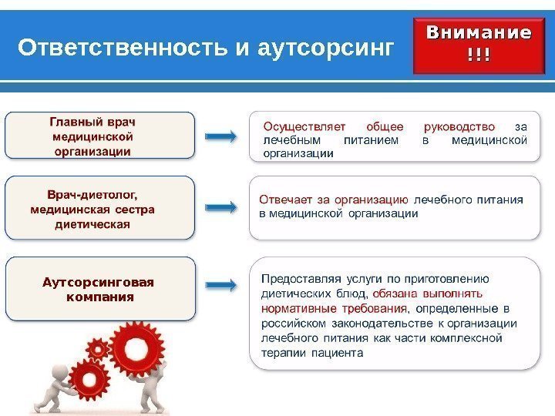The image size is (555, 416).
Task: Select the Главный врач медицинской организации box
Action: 100,136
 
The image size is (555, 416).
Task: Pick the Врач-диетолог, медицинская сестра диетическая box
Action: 100,206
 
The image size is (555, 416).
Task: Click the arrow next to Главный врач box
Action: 221,136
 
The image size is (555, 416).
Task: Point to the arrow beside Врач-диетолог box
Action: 221,207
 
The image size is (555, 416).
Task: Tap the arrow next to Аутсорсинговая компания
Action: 221,285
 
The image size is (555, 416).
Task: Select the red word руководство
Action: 459,127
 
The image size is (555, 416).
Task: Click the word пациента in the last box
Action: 337,354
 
